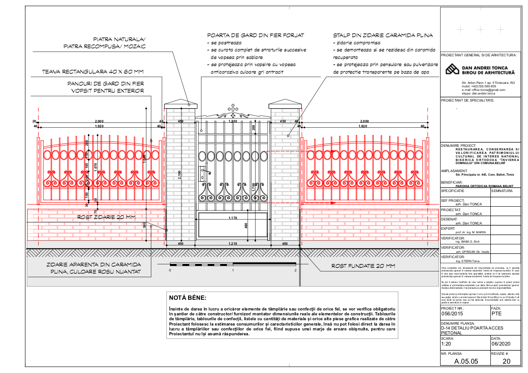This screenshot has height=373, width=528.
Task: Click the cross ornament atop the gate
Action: pos(232,109)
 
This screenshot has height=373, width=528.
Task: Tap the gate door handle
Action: pos(205,172)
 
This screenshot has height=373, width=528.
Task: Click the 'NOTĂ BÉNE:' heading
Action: pos(188,298)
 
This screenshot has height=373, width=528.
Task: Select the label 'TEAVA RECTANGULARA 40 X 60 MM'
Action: pos(93,71)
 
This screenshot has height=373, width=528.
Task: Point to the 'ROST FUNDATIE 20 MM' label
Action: pos(363,266)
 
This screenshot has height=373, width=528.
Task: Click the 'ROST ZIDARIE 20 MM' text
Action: pos(106,217)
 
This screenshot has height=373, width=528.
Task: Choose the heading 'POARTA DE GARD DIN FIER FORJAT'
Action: pos(256,35)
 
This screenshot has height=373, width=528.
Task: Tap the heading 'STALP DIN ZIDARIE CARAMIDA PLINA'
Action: pos(383,35)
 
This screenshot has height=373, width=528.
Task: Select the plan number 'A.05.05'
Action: pos(466,361)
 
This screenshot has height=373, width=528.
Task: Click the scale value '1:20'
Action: pos(447,344)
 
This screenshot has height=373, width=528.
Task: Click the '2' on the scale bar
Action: pos(296,270)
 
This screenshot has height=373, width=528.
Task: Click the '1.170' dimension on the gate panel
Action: pos(232,218)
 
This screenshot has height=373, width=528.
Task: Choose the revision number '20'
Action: pos(506,361)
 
